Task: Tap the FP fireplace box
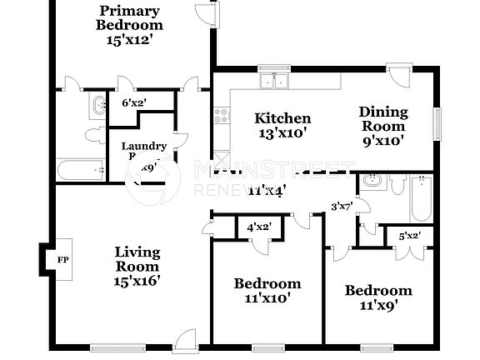coord(62,259)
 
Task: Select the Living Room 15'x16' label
coord(137,266)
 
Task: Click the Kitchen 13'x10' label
coord(282,125)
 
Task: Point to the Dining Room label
coord(383,126)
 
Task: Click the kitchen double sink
coord(274,81)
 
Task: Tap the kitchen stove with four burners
coord(222,117)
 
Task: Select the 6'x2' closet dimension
coord(134,102)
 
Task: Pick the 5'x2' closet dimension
coord(408,235)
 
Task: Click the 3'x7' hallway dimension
coord(342,205)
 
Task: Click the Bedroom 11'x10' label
coord(267,290)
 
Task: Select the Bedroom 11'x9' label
coord(378,297)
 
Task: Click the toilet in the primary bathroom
coord(92,136)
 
